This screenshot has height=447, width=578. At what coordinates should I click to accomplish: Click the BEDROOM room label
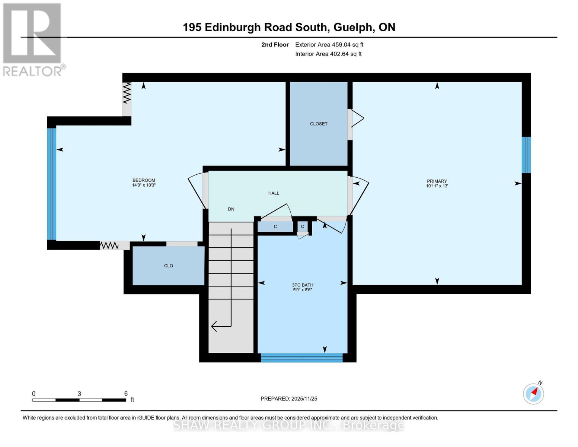(144, 180)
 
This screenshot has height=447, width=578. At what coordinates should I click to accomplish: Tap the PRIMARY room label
(437, 181)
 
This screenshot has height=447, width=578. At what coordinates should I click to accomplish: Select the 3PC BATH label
(302, 285)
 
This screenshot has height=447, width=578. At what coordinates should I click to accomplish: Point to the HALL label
(274, 193)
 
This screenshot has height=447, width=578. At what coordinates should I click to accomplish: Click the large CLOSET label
(319, 124)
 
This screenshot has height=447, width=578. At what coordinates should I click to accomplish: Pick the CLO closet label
(169, 266)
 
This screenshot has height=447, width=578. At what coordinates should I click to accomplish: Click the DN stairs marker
(231, 209)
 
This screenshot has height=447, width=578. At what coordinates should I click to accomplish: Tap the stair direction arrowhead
(214, 326)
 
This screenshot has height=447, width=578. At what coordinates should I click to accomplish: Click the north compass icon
(533, 393)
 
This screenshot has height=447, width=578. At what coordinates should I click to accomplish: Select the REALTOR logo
(33, 39)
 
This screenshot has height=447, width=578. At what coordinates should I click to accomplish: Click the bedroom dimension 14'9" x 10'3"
(144, 185)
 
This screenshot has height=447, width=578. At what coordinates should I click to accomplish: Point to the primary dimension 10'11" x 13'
(437, 186)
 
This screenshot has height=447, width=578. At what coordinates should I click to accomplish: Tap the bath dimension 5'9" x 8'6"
(302, 290)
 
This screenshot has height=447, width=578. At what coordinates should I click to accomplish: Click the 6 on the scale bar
(126, 394)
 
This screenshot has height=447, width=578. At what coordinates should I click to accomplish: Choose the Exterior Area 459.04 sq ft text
(329, 45)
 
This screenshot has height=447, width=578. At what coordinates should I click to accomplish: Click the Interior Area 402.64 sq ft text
(328, 54)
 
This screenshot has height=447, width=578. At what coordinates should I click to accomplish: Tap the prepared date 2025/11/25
(304, 399)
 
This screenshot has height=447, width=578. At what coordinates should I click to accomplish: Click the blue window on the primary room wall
(526, 155)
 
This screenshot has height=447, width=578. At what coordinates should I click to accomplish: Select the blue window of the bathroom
(301, 358)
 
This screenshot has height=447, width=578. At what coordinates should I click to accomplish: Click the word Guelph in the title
(353, 27)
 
